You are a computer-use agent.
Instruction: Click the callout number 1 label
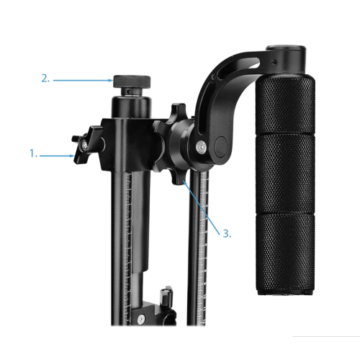coord(33,153)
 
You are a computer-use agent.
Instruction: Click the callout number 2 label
coord(45,78)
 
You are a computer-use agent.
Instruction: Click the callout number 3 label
coord(227,233)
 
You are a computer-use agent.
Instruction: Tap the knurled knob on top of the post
coord(132,81)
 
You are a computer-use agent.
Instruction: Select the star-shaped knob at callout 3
coord(171,144)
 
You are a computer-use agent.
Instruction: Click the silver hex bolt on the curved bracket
coord(202,147)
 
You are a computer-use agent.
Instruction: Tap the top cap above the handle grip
coord(286,59)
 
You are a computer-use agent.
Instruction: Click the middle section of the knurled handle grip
coord(285,174)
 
